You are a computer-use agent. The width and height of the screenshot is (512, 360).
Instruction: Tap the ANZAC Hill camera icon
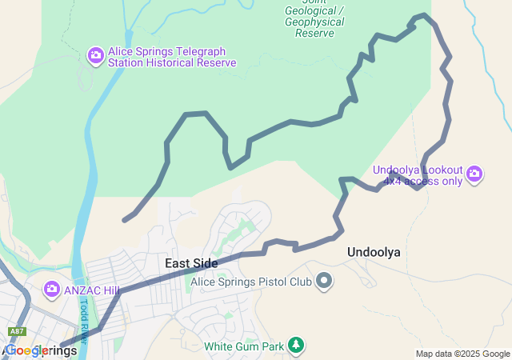pyautogui.click(x=52, y=288)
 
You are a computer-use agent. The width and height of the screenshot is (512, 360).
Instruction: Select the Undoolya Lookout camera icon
pyautogui.click(x=474, y=174)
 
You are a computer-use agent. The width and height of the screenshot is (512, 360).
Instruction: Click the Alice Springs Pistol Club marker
pyautogui.click(x=324, y=281)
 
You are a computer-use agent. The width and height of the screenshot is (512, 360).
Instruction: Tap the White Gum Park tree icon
pyautogui.click(x=296, y=346)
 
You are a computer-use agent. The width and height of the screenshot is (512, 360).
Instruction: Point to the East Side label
pyautogui.click(x=191, y=263)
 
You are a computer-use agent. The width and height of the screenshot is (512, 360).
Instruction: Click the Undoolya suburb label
pyautogui.click(x=374, y=252)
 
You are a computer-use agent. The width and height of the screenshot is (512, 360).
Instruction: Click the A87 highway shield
pyautogui.click(x=16, y=331)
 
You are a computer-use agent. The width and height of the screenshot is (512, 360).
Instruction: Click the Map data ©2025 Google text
pyautogui.click(x=462, y=354)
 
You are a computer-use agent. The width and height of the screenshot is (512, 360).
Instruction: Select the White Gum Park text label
pyautogui.click(x=243, y=346)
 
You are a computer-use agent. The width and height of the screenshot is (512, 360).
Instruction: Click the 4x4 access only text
pyautogui.click(x=422, y=181)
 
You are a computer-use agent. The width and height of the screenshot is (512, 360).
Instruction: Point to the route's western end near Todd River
pyautogui.click(x=124, y=219)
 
